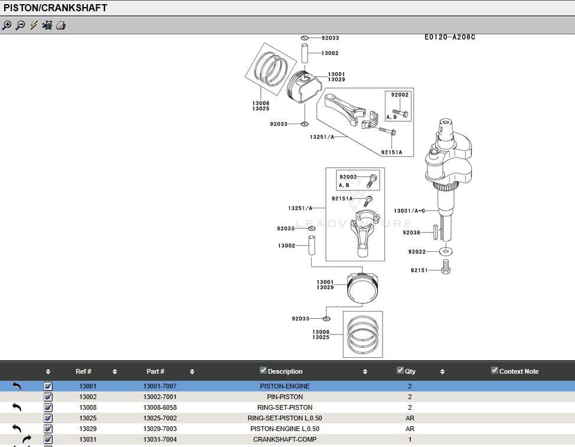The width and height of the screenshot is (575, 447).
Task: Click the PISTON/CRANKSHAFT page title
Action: pos(55,8)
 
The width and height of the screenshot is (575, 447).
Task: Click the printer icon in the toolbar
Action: pos(61,25)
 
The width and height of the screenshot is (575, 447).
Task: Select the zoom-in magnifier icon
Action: pos(7,25)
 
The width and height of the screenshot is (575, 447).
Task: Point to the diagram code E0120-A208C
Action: pos(449,37)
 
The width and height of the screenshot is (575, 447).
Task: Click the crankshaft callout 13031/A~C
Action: pos(409,210)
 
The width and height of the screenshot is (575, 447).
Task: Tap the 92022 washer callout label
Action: pos(416,251)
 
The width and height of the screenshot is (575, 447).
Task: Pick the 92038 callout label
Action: pos(411,232)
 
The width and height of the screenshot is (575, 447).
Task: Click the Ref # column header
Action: pos(83,371)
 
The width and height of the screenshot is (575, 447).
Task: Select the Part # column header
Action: pos(155,371)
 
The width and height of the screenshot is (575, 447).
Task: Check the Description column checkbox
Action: pos(263,371)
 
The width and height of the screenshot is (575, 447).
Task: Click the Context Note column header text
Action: pos(519,371)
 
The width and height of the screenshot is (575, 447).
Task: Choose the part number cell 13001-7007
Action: pos(160,386)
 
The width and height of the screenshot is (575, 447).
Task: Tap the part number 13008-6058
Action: pos(160,407)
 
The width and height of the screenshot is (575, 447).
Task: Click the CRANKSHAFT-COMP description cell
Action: pos(285,439)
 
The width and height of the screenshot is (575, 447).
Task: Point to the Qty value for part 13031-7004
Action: pos(410,439)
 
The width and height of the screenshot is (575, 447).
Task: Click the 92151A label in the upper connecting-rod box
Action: pos(391,152)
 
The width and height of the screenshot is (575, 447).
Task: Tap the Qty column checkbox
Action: pos(400,371)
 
